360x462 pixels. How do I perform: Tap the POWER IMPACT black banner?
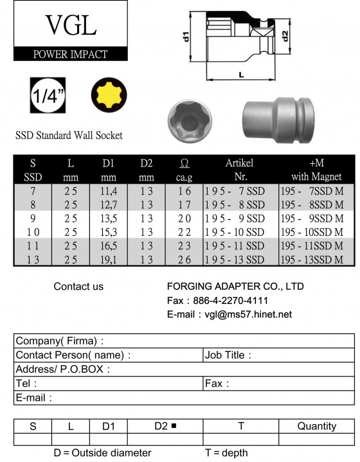coord(70,54)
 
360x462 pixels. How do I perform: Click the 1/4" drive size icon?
coord(48,98)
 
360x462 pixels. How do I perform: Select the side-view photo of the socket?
coord(278,118)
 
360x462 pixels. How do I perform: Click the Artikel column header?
coord(240,163)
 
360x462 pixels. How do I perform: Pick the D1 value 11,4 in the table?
coord(109,191)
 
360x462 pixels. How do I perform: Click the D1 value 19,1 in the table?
coord(109,260)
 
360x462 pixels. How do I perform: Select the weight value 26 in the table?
coord(185,260)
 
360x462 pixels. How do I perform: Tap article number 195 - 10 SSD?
coord(235,232)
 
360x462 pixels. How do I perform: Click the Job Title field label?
coord(228,355)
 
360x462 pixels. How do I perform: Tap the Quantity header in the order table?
coord(317,426)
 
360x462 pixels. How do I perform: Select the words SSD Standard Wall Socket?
coord(69,136)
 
